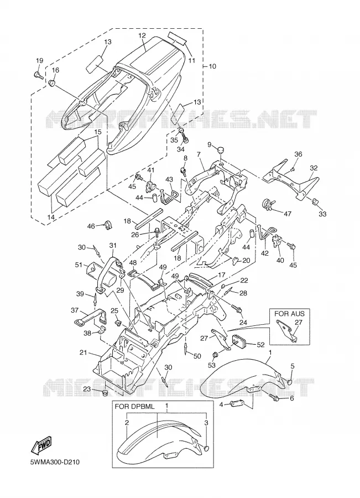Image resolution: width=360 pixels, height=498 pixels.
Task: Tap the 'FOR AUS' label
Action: [289, 314]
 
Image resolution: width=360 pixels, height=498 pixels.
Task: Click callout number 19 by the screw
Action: [39, 61]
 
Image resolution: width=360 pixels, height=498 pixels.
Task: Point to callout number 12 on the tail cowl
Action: [142, 35]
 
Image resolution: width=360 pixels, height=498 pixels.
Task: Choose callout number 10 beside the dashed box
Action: [212, 66]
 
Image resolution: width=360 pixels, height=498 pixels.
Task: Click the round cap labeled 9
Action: [220, 150]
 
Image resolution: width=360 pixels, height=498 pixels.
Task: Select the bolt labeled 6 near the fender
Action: [273, 397]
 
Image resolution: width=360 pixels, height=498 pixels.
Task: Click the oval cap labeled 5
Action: [290, 381]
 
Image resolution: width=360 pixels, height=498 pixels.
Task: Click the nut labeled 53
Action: [215, 354]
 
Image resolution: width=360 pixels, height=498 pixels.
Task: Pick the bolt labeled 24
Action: [237, 308]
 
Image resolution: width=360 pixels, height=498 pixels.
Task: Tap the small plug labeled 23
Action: [104, 394]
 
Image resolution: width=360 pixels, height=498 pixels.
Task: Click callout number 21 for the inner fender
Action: [83, 352]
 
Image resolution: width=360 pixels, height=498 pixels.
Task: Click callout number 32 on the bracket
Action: [314, 168]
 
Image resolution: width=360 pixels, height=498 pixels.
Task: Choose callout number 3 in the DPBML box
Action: [206, 423]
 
